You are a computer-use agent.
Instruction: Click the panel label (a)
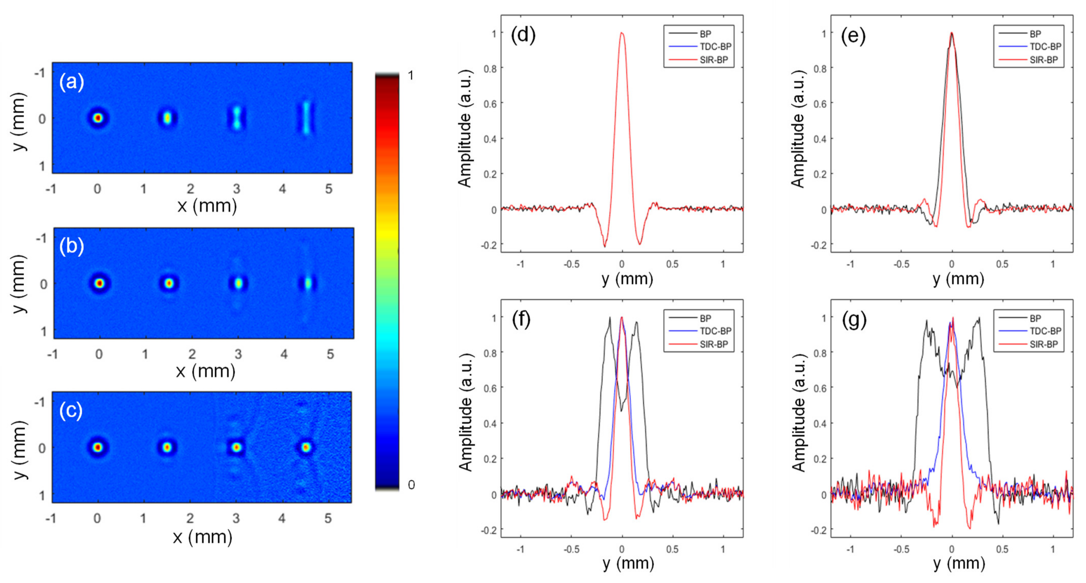coord(72,82)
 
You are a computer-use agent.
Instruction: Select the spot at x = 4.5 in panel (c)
coord(306,447)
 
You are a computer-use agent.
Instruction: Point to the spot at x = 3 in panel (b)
coord(239,283)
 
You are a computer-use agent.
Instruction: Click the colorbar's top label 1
coord(411,76)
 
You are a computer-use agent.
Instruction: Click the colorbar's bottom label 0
coord(411,485)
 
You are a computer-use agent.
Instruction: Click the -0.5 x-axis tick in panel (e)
coord(901,264)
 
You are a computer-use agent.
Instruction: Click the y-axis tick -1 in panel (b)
coord(41,239)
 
